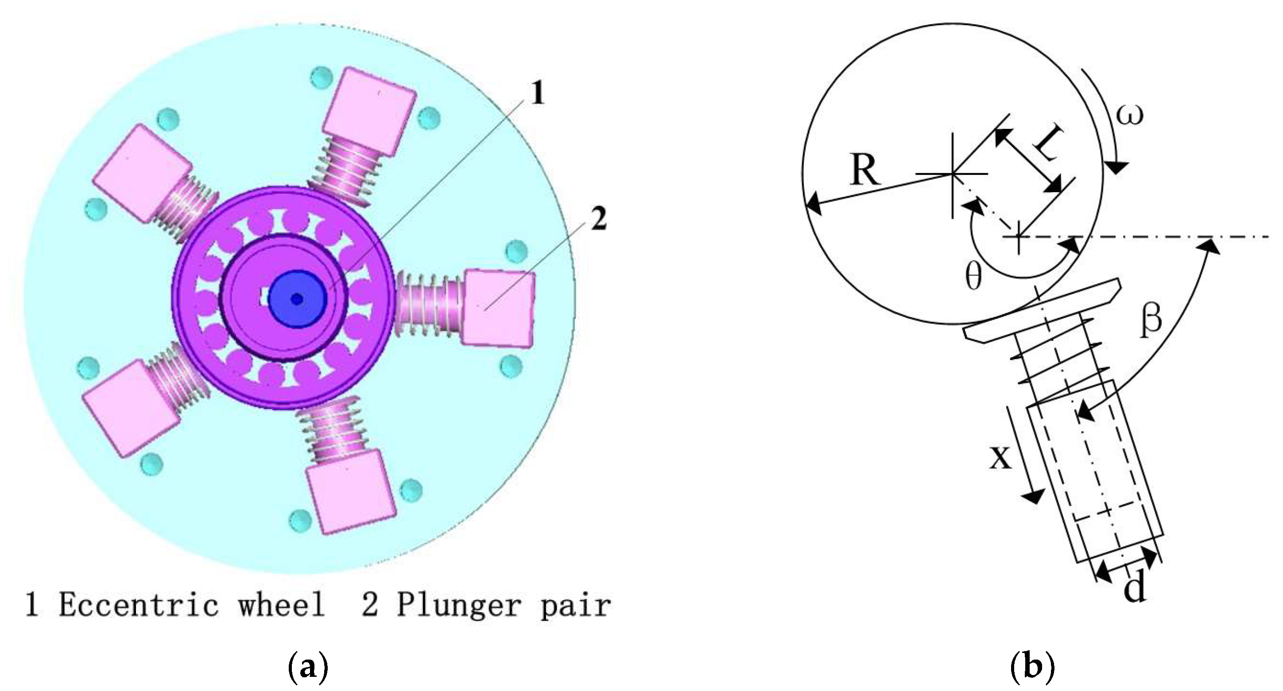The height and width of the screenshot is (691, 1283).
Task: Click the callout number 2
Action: (x=598, y=219)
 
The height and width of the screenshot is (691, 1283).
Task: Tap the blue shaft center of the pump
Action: (x=297, y=299)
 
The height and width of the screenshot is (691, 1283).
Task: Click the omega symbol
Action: (x=1129, y=115)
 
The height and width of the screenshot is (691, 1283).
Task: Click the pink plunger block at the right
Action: (x=499, y=308)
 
